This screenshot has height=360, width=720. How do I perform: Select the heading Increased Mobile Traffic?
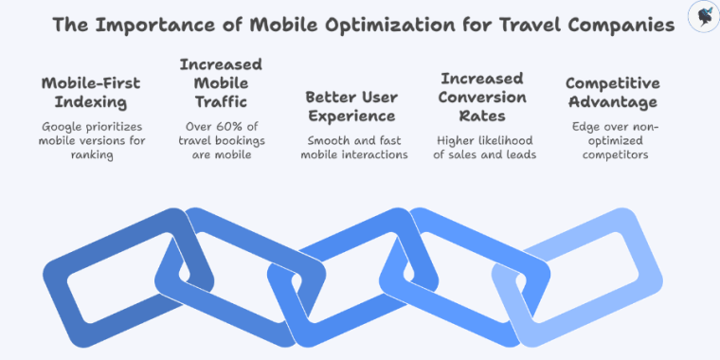tap(221, 82)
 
